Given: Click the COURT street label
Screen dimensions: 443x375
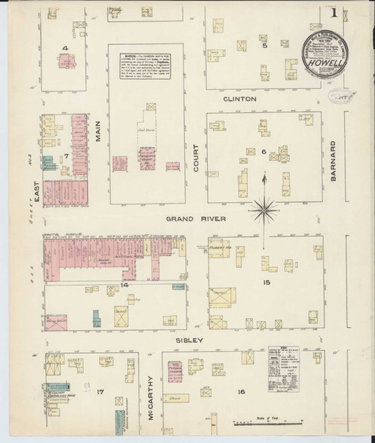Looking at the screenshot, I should (x=197, y=157).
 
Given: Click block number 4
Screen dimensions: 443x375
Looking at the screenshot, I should (x=66, y=49).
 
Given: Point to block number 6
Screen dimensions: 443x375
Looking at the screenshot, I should (x=263, y=151).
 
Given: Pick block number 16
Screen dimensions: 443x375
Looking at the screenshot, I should (x=241, y=392).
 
